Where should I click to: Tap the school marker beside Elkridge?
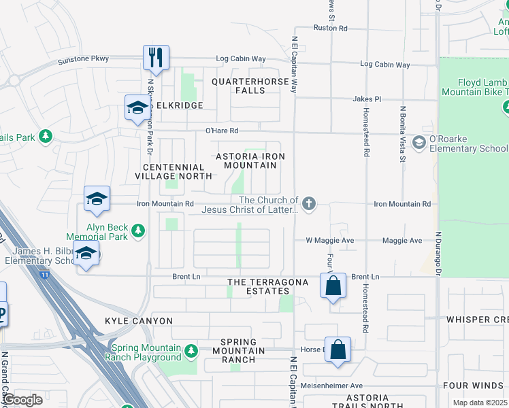pyautogui.click(x=137, y=107)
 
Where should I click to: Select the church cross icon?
pyautogui.click(x=309, y=203)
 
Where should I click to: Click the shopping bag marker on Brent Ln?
pyautogui.click(x=333, y=286)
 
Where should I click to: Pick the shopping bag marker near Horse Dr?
pyautogui.click(x=338, y=350)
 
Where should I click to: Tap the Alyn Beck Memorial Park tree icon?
pyautogui.click(x=138, y=231)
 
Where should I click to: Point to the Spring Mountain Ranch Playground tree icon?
pyautogui.click(x=191, y=351)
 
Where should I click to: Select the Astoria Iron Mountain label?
pyautogui.click(x=250, y=160)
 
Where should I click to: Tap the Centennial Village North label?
pyautogui.click(x=174, y=171)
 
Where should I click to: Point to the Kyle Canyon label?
pyautogui.click(x=139, y=320)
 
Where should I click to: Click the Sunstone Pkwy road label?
pyautogui.click(x=84, y=59)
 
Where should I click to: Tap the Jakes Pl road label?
pyautogui.click(x=366, y=99)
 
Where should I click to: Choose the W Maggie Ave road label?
pyautogui.click(x=329, y=240)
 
